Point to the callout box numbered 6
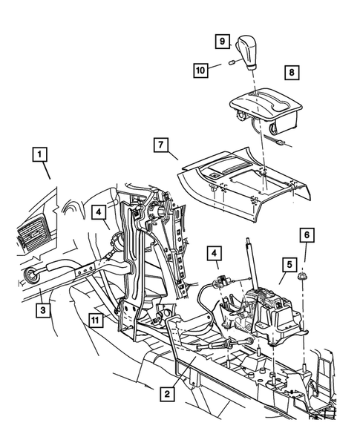coord(304,234)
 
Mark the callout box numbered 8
coord(293,73)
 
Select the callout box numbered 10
coord(200,69)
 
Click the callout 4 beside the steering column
coord(100,212)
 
